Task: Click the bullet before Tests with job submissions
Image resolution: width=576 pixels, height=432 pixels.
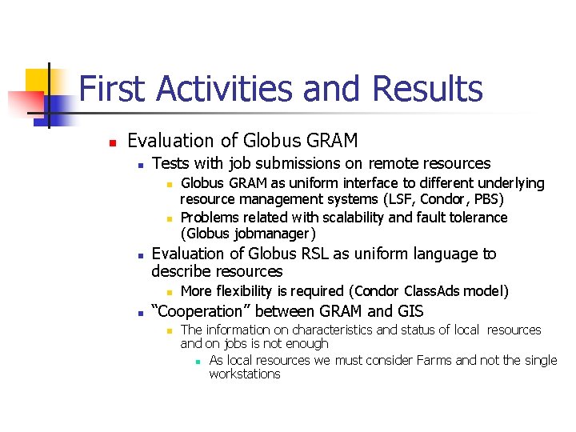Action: [140, 165]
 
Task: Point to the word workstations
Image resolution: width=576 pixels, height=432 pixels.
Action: [245, 374]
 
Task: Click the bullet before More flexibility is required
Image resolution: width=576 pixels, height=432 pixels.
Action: [169, 292]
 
